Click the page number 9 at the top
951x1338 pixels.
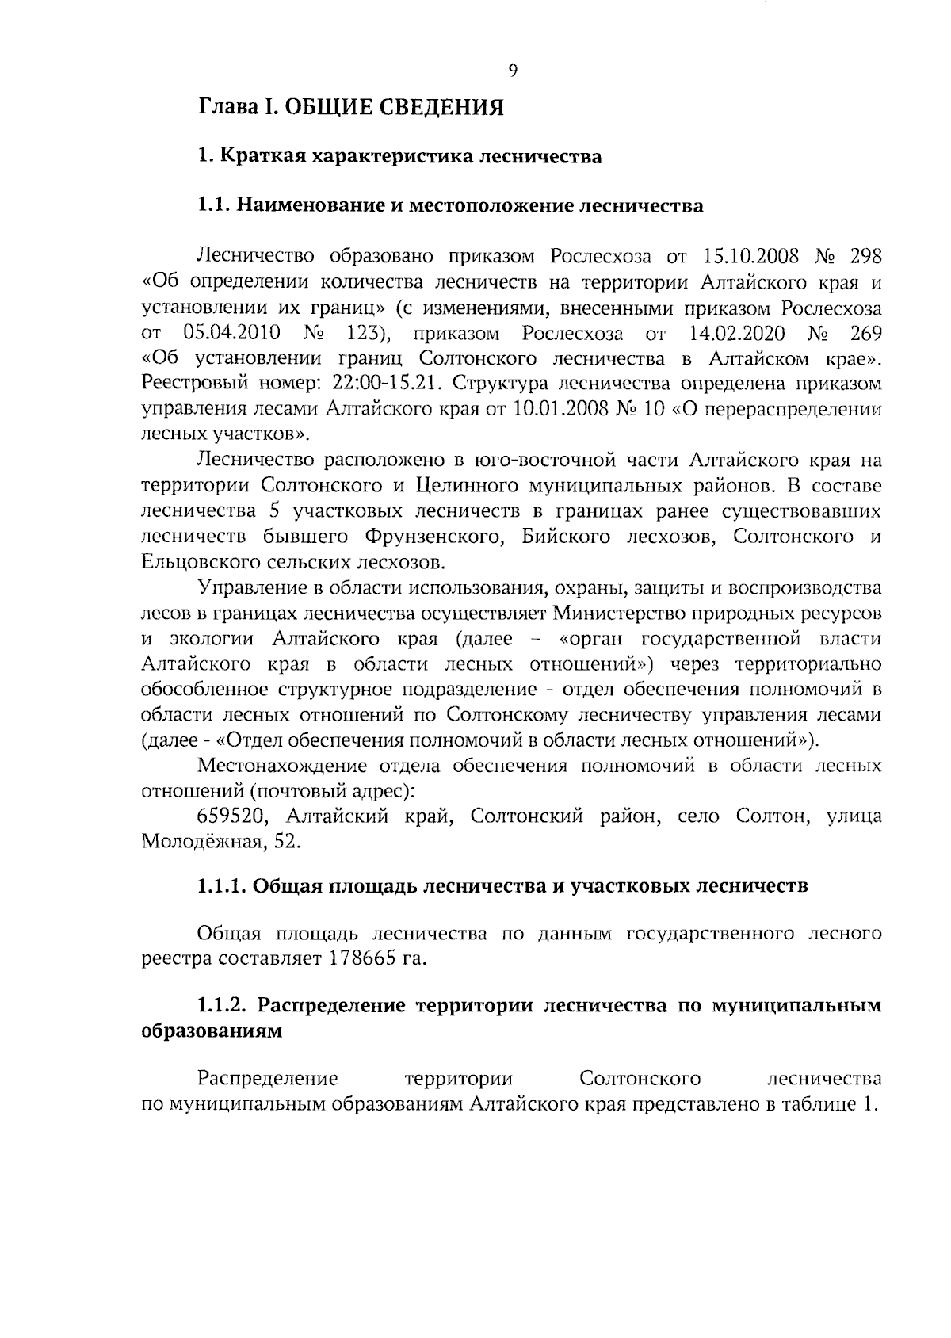[x=512, y=71]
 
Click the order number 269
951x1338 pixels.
[x=865, y=332]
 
